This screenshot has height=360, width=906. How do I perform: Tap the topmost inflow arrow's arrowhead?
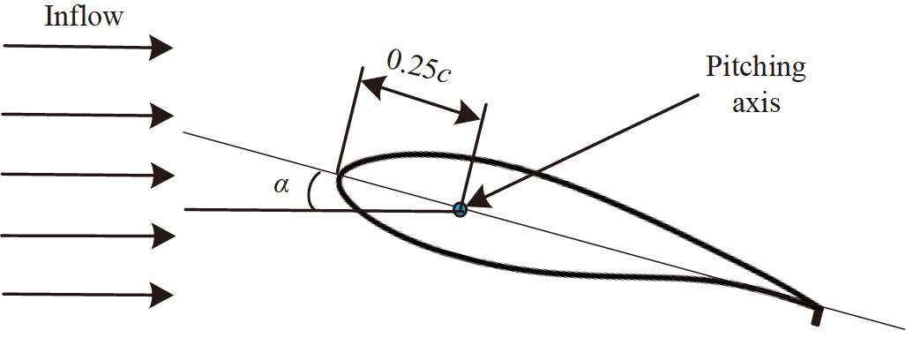click(160, 49)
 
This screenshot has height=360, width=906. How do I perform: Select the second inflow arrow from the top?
click(88, 115)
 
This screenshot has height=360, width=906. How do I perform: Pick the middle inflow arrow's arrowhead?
click(160, 174)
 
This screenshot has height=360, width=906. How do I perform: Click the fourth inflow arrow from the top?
click(88, 234)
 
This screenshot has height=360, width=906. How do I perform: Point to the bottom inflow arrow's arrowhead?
click(160, 293)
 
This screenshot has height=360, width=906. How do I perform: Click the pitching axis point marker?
click(459, 209)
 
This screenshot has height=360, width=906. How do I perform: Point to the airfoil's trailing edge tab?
click(816, 313)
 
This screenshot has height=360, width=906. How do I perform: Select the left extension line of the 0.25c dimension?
click(348, 124)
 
